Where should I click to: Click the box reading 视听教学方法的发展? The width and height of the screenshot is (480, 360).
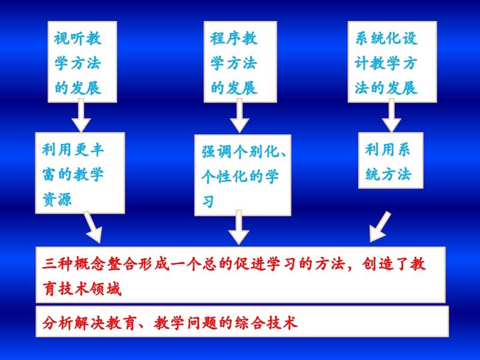82,62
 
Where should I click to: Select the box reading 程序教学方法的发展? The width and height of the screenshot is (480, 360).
241,62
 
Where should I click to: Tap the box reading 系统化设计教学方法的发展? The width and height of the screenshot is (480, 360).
392,62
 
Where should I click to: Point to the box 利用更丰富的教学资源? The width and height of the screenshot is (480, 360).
80,173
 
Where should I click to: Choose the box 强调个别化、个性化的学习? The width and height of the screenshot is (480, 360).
242,175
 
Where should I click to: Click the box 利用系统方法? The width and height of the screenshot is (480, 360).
391,160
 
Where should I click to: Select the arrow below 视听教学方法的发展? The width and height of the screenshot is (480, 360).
81,115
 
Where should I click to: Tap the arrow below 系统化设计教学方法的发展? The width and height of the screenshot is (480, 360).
392,115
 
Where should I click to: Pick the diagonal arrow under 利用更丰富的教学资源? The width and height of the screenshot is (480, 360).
94,227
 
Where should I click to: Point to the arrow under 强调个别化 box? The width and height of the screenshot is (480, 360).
239,227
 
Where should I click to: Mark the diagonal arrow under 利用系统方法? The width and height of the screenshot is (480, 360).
380,227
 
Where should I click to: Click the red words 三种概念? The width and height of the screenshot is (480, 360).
74,264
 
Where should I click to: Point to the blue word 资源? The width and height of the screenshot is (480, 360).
57,199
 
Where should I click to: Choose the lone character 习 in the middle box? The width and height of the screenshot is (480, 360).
208,202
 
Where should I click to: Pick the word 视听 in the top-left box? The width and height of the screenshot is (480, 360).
69,38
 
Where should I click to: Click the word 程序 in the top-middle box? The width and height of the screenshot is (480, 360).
225,38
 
